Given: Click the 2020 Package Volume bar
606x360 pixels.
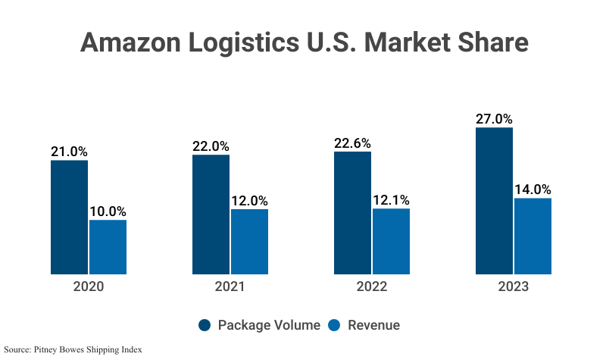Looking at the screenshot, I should [69, 217].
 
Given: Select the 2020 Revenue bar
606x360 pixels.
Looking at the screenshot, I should [108, 246].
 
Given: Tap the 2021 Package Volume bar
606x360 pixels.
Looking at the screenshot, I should [211, 214].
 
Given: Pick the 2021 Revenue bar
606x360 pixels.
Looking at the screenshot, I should [249, 241].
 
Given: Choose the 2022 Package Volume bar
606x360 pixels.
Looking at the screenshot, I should [352, 212].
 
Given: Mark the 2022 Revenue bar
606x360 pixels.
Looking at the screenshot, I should [391, 241].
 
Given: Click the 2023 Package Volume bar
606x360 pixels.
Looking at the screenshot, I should [494, 200].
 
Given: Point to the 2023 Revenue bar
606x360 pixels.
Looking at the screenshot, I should [533, 236].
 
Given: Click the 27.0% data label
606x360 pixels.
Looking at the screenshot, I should [494, 119].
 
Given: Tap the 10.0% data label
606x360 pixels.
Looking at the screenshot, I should [108, 211].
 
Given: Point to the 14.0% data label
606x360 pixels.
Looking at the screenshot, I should [533, 189].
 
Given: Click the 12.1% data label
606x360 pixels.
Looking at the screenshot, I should [391, 200].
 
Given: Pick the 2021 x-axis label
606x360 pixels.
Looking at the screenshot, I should [230, 287].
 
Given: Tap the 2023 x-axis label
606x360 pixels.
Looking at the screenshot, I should [513, 287].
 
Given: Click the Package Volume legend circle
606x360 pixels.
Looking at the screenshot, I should [205, 325].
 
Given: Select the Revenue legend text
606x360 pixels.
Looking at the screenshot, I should [373, 325].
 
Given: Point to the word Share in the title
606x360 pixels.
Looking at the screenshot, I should [489, 42].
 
